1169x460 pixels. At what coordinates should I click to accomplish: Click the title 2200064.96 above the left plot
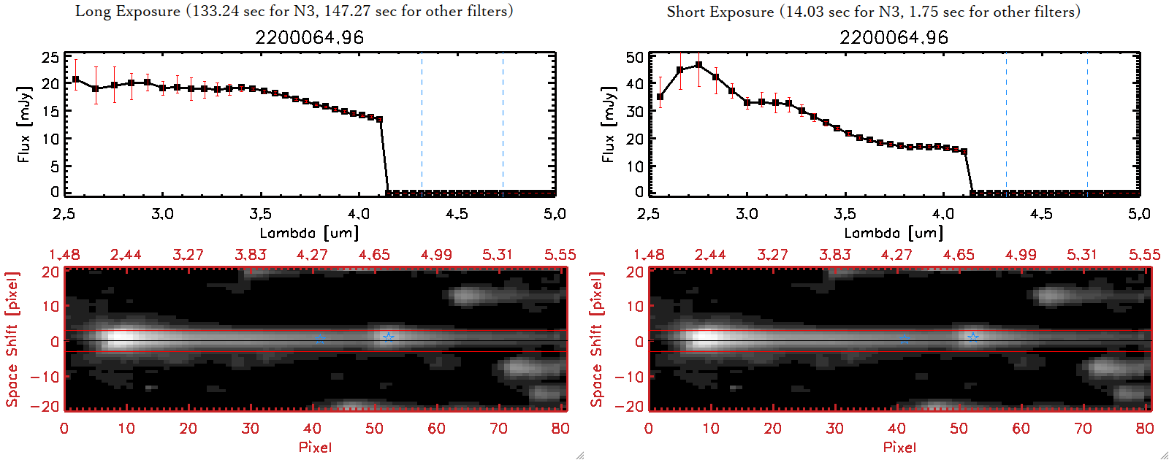pos(309,37)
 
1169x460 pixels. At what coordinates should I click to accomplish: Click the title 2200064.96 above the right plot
pos(894,37)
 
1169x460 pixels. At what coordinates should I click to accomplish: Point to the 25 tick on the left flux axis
pos(50,58)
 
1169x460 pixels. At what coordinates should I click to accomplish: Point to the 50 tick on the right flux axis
pos(635,58)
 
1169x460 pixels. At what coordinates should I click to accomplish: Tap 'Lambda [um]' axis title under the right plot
pos(894,233)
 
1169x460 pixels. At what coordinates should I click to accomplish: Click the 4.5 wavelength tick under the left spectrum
pos(457,214)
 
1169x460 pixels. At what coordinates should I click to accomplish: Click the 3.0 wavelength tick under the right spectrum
pos(747,214)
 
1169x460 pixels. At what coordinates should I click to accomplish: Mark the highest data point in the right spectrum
pos(698,65)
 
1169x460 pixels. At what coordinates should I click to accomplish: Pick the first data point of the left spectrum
pos(75,79)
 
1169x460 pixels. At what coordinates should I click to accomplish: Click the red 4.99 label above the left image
pos(436,255)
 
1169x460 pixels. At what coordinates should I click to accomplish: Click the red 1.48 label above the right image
pos(649,255)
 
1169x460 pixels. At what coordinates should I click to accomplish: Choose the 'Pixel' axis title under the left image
pos(315,447)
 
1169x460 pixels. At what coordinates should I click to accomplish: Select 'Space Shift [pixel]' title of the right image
pos(597,339)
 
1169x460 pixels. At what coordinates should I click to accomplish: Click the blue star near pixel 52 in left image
pos(389,337)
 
